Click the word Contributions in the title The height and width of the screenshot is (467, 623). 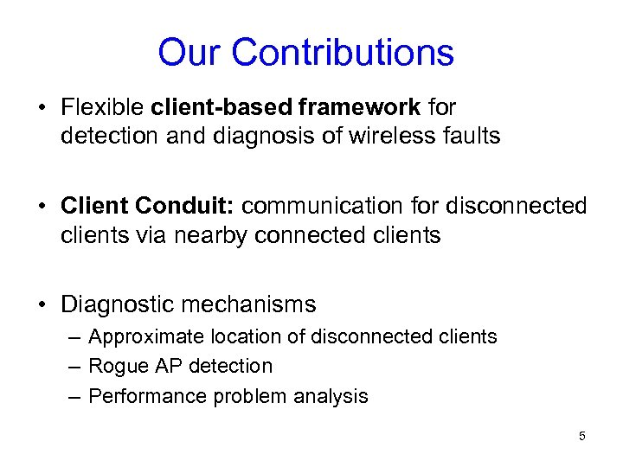tap(343, 53)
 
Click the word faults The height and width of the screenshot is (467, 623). tap(472, 137)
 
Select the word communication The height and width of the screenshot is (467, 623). tap(327, 207)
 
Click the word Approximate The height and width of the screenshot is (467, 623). tap(144, 337)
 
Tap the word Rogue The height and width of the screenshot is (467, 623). tap(118, 367)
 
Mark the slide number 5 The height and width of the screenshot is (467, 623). tap(581, 436)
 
